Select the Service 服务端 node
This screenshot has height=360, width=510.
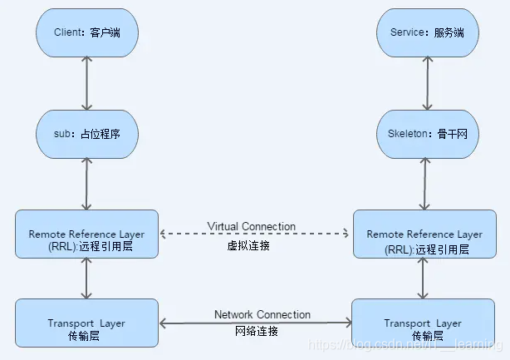tap(427, 34)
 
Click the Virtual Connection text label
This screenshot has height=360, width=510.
tap(251, 226)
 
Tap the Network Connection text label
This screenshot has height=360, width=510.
tap(262, 314)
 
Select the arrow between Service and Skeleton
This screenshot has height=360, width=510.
tap(427, 83)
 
